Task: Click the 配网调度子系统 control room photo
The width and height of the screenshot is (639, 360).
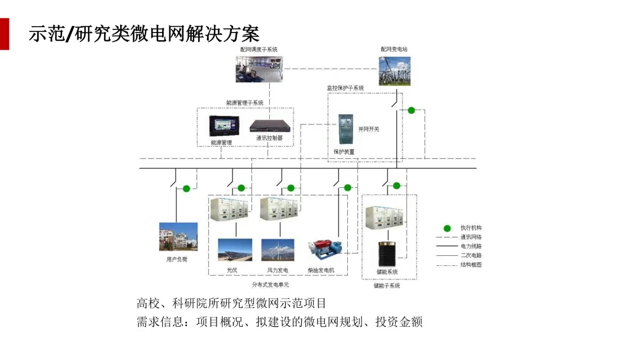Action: pos(259,69)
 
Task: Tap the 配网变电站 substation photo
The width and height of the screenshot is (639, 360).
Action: pos(395,70)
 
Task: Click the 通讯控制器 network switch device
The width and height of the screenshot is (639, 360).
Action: pos(269,126)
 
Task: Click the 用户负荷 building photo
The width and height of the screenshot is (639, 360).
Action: pos(178,237)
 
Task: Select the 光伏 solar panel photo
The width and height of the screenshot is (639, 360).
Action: pos(235,250)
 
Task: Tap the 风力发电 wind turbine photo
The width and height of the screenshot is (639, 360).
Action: pos(278,250)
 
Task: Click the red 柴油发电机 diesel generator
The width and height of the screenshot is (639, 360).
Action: pos(325,248)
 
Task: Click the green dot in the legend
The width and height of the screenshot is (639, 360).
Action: pos(447,229)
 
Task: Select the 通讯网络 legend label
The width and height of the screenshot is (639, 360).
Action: pos(471,237)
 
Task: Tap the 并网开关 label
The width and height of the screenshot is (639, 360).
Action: pos(369,128)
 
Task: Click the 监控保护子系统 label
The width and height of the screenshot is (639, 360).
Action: pos(346,88)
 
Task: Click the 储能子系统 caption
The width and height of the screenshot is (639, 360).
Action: pos(386,286)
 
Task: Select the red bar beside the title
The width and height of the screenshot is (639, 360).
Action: pos(4,34)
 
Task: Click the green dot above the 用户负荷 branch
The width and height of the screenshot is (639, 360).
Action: pos(186,189)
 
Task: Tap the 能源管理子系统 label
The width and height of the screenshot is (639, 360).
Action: pos(245,102)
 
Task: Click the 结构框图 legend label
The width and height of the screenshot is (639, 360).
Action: pos(471,265)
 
